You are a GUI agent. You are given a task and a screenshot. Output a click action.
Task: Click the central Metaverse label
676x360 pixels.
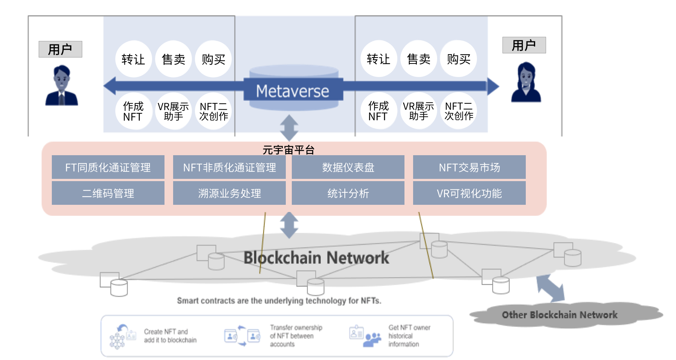(x=293, y=91)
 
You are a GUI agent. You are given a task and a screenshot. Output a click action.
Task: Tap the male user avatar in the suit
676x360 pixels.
(x=62, y=86)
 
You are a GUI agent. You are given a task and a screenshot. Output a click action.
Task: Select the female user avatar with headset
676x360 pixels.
(x=526, y=82)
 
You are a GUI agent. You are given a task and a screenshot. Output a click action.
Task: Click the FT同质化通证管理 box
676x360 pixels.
(x=108, y=167)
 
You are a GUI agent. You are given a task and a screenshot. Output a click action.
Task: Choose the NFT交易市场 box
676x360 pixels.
(x=469, y=167)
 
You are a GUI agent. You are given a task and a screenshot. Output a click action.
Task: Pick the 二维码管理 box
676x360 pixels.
(x=108, y=193)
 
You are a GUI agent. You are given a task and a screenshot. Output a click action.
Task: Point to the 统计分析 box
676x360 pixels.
(x=348, y=193)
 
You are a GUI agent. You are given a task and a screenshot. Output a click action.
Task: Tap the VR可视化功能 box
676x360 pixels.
(x=469, y=193)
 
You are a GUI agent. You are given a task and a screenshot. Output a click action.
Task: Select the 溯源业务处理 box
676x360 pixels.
(x=229, y=193)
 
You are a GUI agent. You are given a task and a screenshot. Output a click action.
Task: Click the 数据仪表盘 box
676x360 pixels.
(x=348, y=167)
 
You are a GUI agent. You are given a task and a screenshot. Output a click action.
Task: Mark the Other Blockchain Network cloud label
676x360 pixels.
(x=560, y=315)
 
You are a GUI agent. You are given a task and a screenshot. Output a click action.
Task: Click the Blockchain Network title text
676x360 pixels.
(x=316, y=258)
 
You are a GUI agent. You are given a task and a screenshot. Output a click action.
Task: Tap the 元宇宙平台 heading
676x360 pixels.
(x=288, y=150)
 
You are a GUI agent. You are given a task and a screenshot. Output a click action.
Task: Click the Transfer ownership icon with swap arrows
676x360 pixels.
(x=242, y=336)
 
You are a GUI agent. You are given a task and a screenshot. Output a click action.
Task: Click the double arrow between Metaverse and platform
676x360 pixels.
(x=289, y=128)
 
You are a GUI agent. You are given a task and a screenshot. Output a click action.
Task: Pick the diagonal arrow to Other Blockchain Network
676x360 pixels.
(x=550, y=288)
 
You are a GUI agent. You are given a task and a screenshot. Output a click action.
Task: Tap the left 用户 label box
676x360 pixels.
(x=60, y=49)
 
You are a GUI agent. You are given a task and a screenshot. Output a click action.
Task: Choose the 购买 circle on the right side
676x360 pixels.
(x=458, y=59)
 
